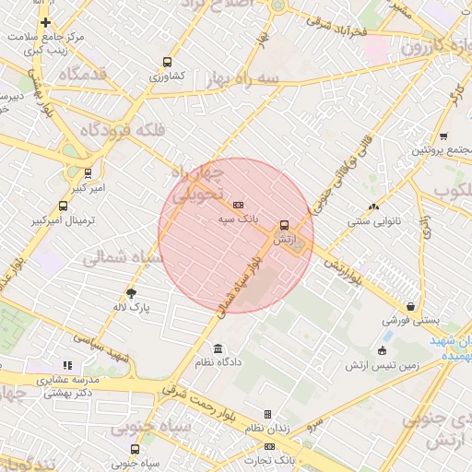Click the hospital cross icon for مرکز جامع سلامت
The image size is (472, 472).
45,23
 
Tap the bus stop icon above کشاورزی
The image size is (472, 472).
166,61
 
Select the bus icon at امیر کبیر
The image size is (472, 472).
88,172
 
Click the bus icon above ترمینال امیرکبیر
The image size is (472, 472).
63,206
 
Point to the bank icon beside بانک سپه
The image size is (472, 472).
239,205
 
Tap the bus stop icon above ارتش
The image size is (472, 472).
283,224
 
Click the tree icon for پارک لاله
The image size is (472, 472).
132,293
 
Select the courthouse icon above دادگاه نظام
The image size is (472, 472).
218,348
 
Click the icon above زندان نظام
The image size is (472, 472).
268,415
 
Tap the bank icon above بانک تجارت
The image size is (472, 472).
269,446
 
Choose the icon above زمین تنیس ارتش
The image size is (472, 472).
382,350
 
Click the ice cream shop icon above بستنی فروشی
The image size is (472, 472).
409,306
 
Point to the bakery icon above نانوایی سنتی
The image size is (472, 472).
373,206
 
